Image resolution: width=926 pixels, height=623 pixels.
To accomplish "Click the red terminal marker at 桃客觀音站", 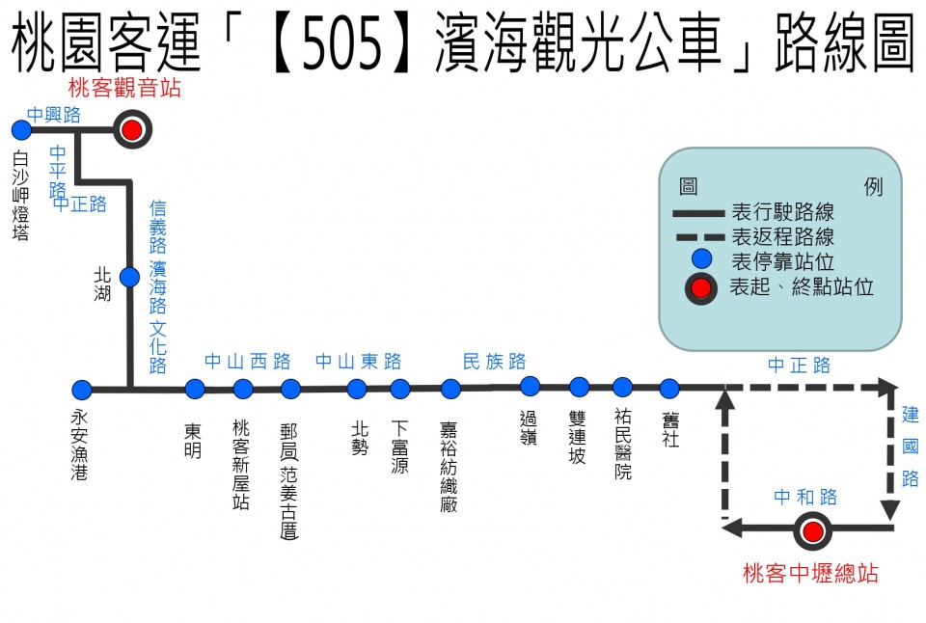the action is [132, 129].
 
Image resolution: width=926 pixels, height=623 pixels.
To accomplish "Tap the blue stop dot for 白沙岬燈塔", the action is [21, 130].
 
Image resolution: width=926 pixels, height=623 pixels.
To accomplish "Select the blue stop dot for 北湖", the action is [130, 277].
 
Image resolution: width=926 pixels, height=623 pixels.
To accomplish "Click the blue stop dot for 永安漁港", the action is [82, 390].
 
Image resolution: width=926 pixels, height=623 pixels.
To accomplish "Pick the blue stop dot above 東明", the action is [195, 389].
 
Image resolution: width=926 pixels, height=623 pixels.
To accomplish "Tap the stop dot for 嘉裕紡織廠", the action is [450, 389].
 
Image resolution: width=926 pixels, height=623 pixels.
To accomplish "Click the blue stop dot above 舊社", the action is [669, 388].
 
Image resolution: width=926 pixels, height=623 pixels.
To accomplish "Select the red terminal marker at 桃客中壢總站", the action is [812, 531].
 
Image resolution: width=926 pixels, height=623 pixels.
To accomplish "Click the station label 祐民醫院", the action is [623, 444].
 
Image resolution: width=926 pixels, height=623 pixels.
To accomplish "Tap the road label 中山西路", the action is [248, 361].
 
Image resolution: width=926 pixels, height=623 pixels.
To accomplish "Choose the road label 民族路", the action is [494, 361].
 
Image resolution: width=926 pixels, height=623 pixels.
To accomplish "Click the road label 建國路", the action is [910, 447].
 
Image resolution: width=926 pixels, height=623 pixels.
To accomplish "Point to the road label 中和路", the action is [805, 497].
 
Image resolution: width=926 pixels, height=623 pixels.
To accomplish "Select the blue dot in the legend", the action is [701, 258].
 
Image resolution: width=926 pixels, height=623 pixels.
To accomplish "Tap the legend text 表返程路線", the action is [782, 237].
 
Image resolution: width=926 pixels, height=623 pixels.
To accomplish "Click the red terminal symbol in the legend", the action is [701, 288].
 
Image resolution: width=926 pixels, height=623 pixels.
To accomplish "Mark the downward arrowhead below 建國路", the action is [890, 509].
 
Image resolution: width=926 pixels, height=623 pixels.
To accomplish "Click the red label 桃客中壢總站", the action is [810, 573].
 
